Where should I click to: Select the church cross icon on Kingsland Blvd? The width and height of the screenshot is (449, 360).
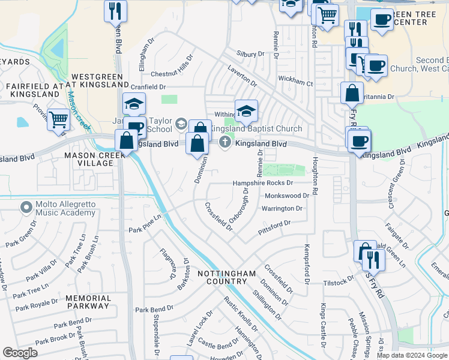pos(225,142)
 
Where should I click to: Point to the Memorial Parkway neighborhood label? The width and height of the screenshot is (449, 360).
pos(88,302)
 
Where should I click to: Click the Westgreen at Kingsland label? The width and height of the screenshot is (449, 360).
pos(97,82)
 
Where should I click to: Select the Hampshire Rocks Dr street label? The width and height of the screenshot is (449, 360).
pos(264,183)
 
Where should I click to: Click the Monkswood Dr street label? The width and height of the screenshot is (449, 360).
pos(286,196)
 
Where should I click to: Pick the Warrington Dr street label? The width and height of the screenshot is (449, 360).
pos(282,209)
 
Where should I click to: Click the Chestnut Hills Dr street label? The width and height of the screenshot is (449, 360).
pos(170,74)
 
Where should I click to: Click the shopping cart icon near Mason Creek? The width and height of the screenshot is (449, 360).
pos(58,119)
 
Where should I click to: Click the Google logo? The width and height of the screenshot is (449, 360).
pos(20,353)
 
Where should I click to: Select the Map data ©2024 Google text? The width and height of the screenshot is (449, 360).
pos(411,355)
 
